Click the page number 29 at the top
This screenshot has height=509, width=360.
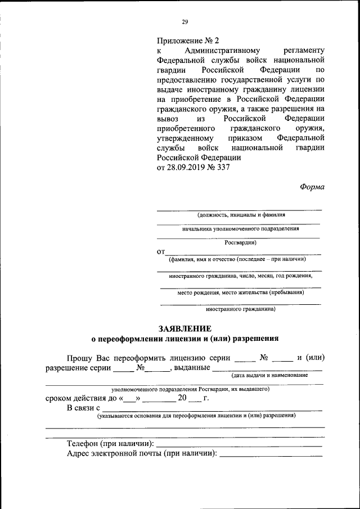click(x=184, y=22)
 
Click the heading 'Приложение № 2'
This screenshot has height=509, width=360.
click(x=187, y=41)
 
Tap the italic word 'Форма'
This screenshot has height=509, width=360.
click(x=312, y=187)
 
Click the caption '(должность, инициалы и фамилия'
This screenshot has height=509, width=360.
click(x=241, y=215)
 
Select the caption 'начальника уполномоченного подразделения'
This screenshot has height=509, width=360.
click(x=240, y=229)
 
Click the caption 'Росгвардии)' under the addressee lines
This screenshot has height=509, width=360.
click(x=240, y=243)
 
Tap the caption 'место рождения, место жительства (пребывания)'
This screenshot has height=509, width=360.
click(x=241, y=292)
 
